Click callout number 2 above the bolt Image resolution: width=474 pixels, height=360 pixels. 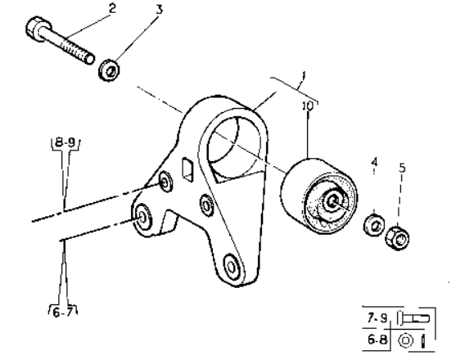pos(112,8)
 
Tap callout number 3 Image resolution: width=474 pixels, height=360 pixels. pos(160,10)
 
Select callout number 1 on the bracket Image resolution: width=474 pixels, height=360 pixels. pos(304,75)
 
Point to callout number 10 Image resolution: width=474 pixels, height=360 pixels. pos(308,106)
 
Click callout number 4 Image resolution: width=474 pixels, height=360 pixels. pos(375,162)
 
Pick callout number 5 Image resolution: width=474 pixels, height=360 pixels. pos(402,168)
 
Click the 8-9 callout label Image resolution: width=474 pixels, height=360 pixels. pos(65,142)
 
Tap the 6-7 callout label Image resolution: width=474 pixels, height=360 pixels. pos(63,313)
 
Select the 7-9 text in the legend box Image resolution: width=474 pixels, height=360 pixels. pos(377,317)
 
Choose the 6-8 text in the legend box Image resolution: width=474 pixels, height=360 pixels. pos(377,340)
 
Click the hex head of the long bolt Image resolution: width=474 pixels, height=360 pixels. pos(37,28)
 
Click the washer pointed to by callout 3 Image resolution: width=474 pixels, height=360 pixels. pos(109,70)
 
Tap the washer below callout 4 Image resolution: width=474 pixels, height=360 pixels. pos(374,225)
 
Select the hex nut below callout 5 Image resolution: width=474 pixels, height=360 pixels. pos(397,238)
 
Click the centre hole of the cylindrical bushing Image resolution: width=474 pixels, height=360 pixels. pos(332,201)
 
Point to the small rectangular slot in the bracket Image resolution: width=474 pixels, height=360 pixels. pos(187,169)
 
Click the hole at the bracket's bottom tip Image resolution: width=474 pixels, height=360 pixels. pos(231,267)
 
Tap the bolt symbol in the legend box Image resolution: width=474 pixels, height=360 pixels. pos(413,317)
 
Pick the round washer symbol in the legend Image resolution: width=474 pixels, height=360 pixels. pos(406,340)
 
